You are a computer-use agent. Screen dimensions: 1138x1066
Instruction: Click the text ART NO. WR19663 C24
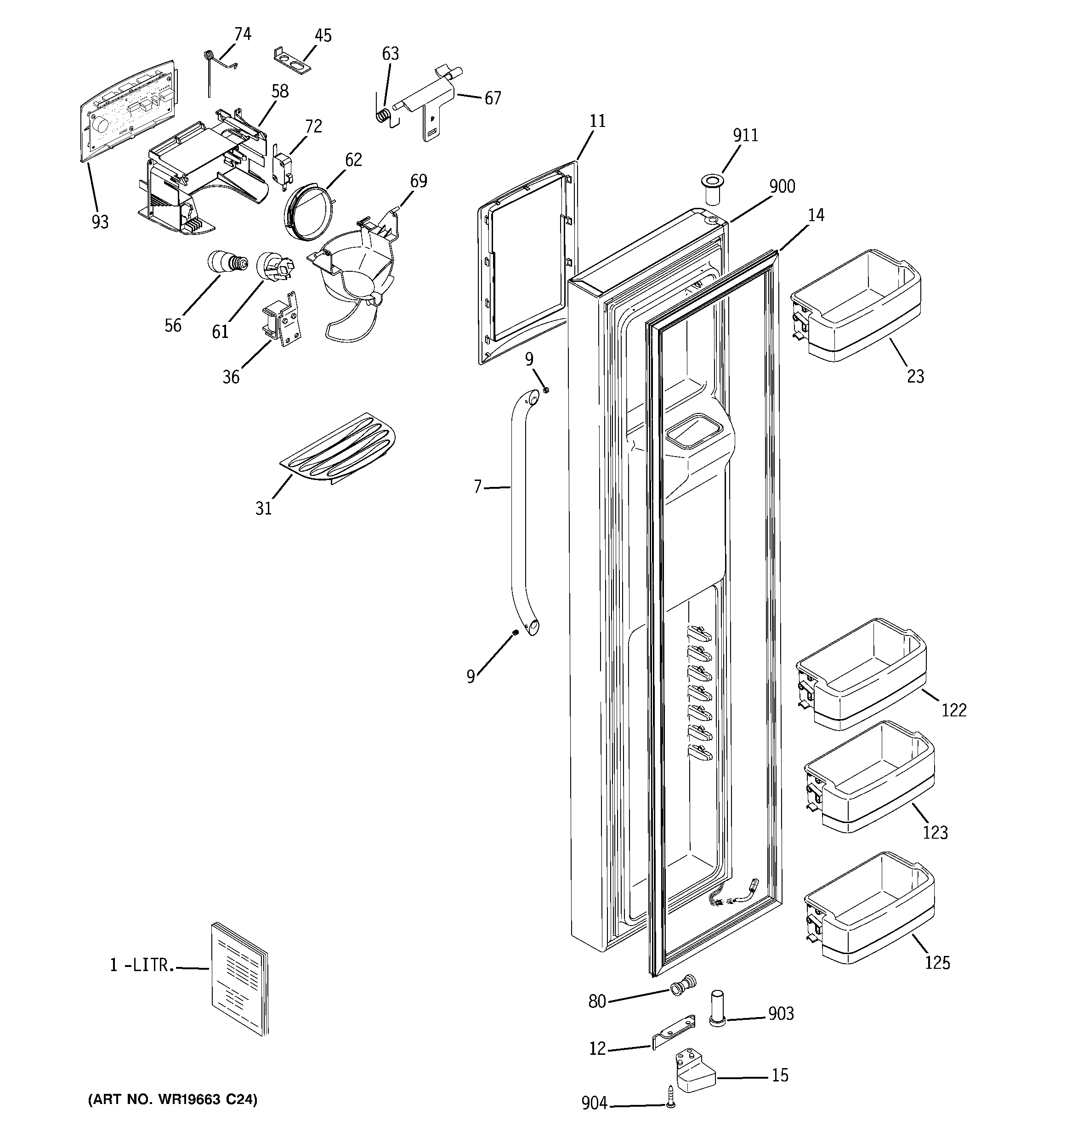172,1099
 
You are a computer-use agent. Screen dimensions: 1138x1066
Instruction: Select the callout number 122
953,710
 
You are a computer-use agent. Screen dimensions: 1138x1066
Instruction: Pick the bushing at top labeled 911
712,191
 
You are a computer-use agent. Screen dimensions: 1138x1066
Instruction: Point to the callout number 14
816,215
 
